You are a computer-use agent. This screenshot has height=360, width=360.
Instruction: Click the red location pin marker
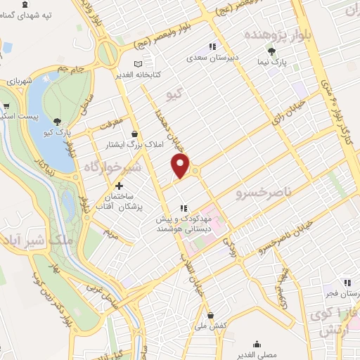[x=181, y=166]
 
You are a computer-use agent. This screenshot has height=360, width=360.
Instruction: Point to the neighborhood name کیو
[x=174, y=94]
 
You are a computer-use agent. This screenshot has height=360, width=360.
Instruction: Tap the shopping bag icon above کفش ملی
[x=210, y=315]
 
